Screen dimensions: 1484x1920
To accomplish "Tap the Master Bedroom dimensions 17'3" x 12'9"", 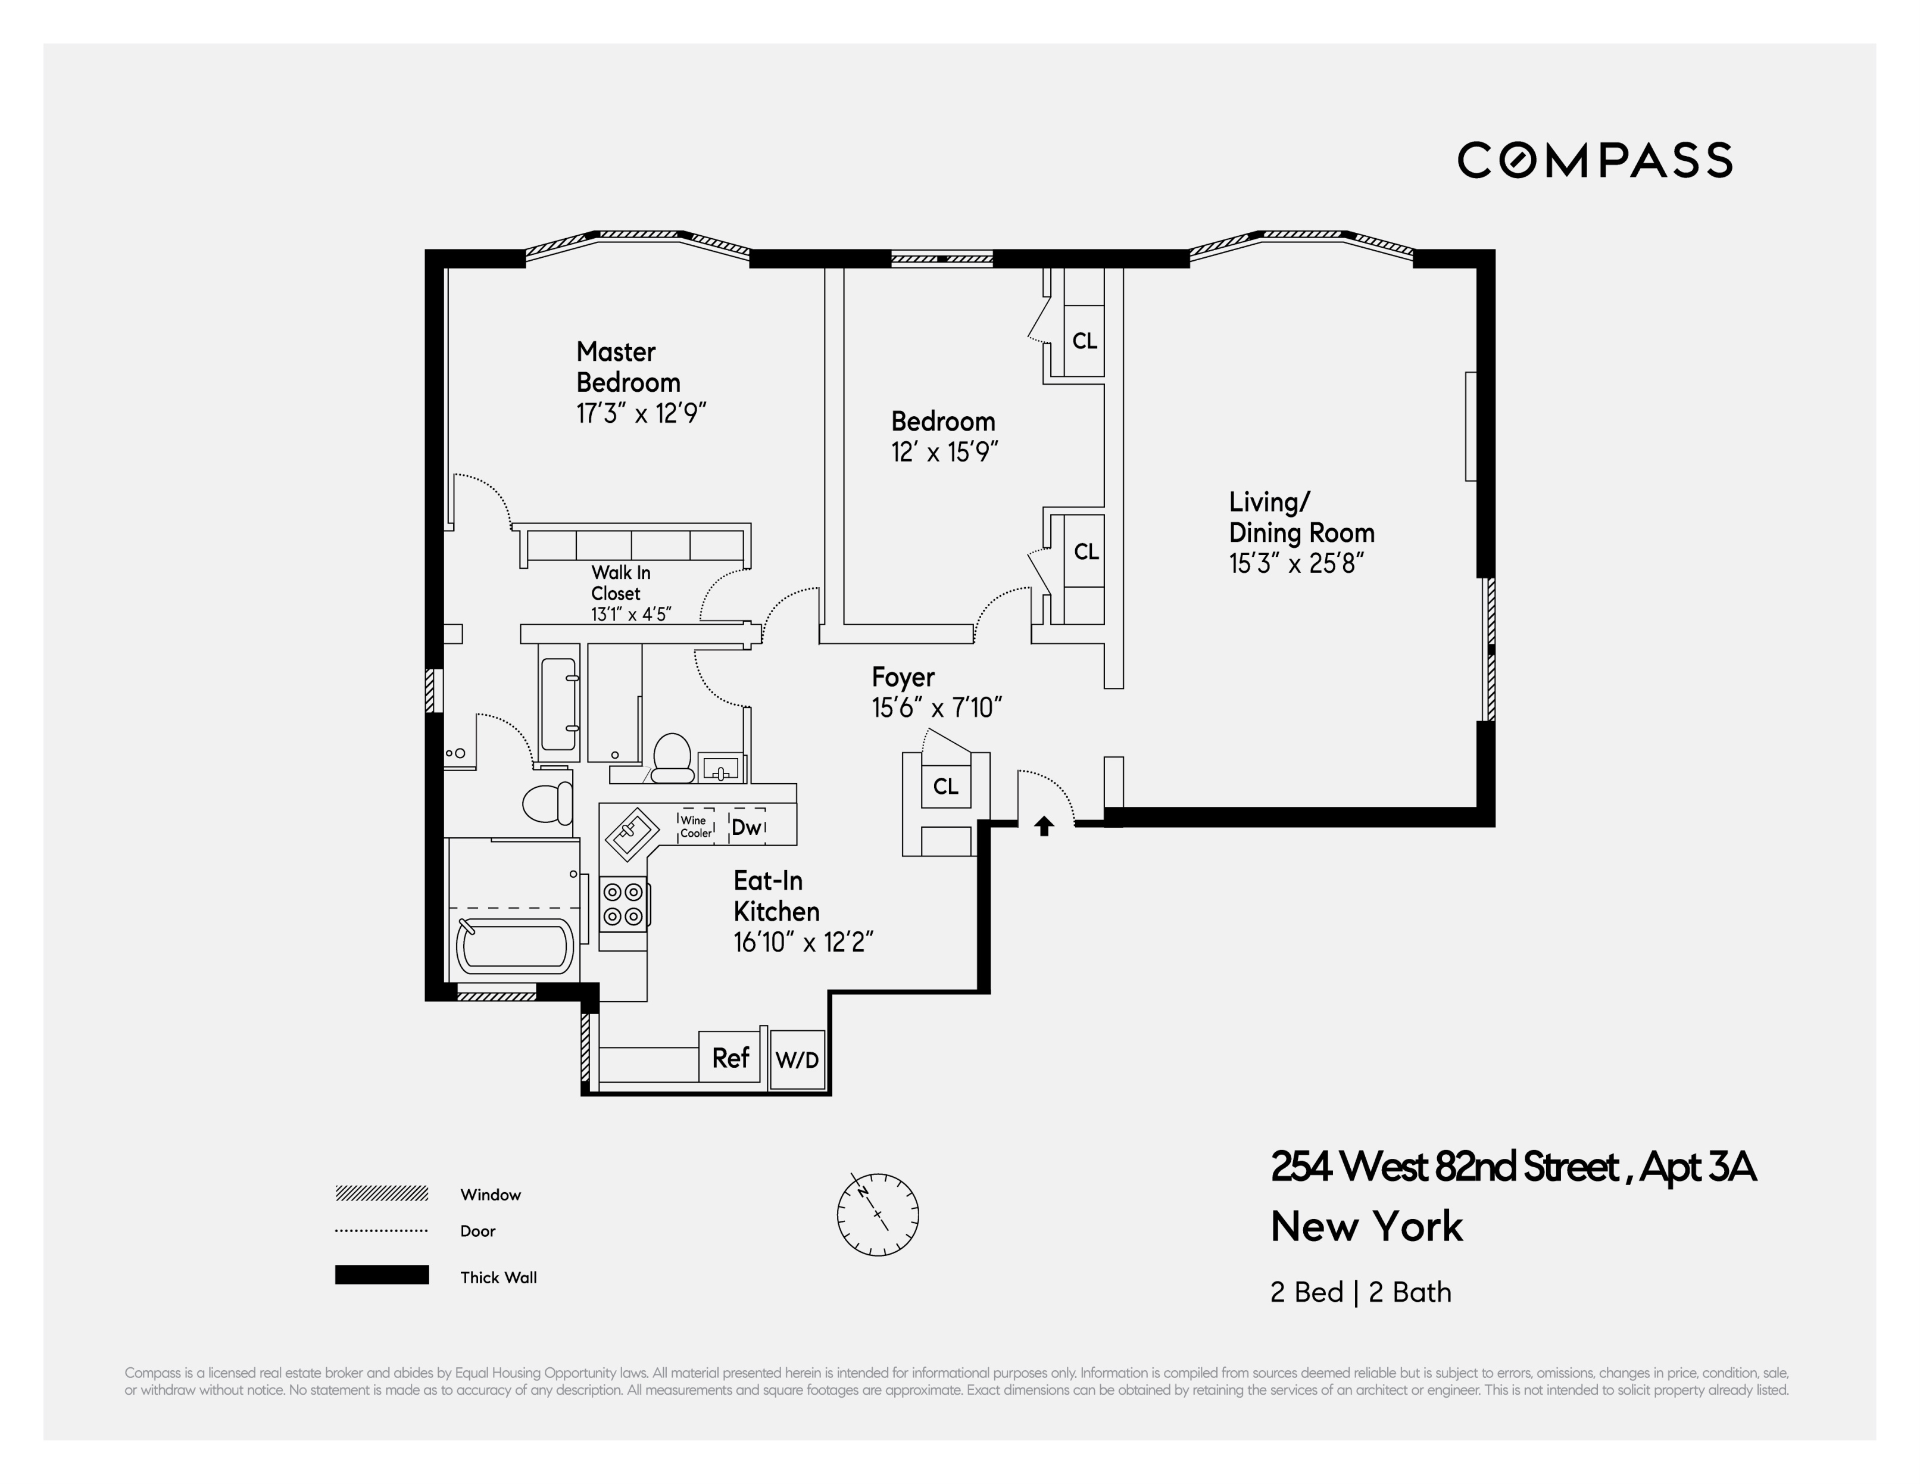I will coord(641,413).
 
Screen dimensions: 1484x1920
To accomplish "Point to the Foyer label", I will coord(903,677).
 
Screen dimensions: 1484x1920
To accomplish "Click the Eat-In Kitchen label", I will coord(776,896).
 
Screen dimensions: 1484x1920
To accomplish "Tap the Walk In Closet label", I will coord(621,583).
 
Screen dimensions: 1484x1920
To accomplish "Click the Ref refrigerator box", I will coord(730,1058).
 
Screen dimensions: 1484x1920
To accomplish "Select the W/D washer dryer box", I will coord(797,1060).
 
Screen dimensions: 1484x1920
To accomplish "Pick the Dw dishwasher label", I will coord(747,827).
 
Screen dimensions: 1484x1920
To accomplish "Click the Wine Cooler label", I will coord(695,827).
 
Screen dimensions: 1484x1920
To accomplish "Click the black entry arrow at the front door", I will coord(1044,827).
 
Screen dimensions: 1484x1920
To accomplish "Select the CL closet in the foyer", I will coord(945,786).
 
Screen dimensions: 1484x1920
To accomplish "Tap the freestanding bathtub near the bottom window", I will coord(514,946).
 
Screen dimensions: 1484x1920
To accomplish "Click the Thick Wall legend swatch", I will coord(382,1275).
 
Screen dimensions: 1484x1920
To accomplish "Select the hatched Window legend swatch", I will coord(382,1193).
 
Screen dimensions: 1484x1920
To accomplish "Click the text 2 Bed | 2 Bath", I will coord(1360,1292).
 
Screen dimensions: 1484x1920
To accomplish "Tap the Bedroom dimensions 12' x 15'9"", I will coord(944,452).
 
